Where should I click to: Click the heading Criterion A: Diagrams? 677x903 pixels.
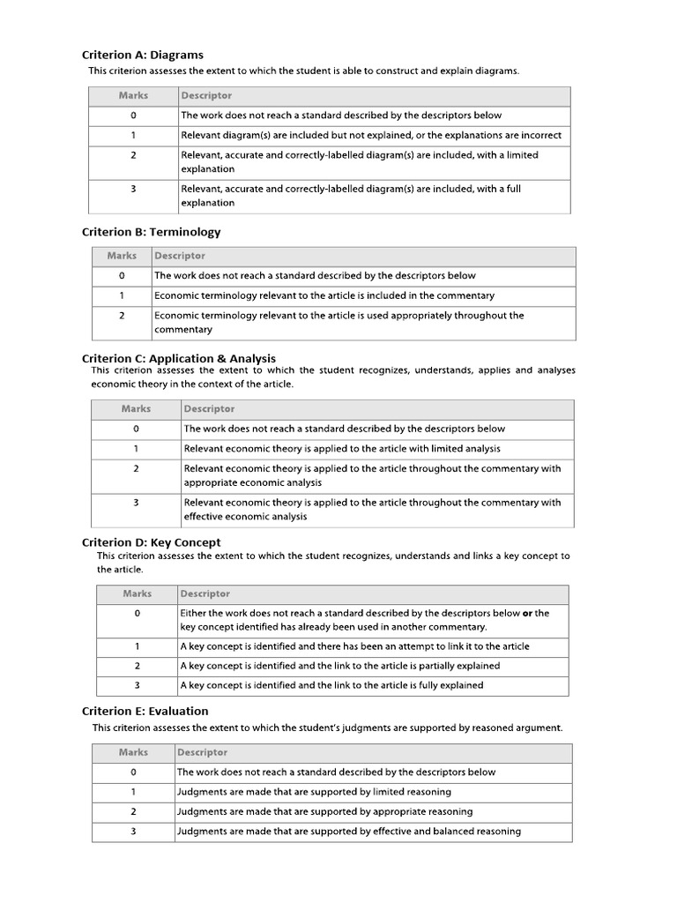click(x=142, y=55)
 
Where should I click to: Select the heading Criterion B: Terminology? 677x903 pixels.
click(x=151, y=232)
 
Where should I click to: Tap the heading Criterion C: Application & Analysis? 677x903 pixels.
click(x=178, y=358)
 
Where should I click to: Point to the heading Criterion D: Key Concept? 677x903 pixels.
click(x=151, y=542)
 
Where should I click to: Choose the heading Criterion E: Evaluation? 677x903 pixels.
click(x=145, y=711)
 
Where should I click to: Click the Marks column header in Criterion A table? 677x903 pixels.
click(x=133, y=95)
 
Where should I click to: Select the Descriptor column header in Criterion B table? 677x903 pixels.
click(x=180, y=256)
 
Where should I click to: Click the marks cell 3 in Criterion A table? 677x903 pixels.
click(x=133, y=188)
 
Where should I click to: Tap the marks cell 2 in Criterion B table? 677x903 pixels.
click(x=122, y=315)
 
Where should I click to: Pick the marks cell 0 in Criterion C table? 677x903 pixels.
click(x=136, y=429)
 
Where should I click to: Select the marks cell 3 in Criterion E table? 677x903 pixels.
click(x=133, y=831)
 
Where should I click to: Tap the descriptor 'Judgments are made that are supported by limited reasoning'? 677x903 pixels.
click(x=314, y=792)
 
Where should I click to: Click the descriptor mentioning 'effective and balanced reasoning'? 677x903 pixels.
click(x=349, y=831)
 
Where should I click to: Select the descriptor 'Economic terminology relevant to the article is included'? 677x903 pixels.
click(x=324, y=295)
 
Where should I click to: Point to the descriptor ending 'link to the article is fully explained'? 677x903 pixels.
click(x=331, y=685)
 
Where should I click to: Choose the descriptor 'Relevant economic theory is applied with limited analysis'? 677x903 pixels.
click(x=342, y=448)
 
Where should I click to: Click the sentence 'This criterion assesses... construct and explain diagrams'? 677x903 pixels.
click(x=303, y=71)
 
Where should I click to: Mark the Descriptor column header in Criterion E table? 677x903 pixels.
click(x=203, y=752)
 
